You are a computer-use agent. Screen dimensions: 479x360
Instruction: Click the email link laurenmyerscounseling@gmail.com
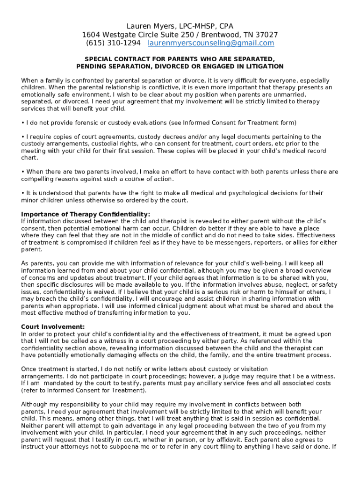[x=211, y=43]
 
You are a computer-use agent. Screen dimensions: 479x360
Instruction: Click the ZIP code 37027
[x=267, y=35]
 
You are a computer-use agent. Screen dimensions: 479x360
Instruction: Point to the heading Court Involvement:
[x=53, y=327]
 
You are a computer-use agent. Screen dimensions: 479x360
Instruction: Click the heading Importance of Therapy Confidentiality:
[x=86, y=214]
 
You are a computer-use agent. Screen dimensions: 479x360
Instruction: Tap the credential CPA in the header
[x=225, y=26]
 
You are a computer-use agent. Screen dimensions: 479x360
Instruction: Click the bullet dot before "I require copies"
[x=23, y=137]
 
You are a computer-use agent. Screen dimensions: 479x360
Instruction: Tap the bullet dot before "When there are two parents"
[x=23, y=172]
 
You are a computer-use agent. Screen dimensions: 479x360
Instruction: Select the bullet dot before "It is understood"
[x=23, y=193]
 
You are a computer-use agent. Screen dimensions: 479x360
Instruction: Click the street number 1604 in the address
[x=92, y=35]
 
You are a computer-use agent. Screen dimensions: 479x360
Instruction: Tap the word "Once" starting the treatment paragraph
[x=29, y=369]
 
